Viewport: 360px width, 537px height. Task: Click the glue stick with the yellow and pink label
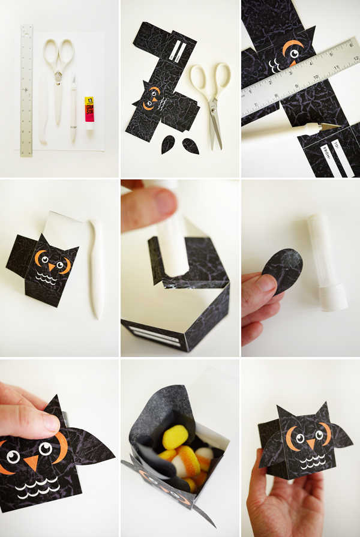(x=89, y=113)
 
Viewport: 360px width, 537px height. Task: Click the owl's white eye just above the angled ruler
(x=295, y=55)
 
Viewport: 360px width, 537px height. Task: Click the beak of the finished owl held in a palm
(x=310, y=444)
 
